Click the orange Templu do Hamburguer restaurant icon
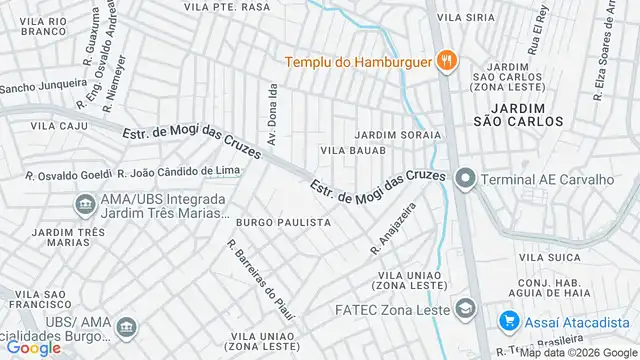(x=447, y=61)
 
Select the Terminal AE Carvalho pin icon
(x=464, y=180)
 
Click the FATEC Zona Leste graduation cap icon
(x=464, y=307)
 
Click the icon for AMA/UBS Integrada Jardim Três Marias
(x=85, y=206)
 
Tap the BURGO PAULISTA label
(x=283, y=222)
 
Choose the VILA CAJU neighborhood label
(x=53, y=127)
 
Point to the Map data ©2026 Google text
(x=578, y=353)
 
